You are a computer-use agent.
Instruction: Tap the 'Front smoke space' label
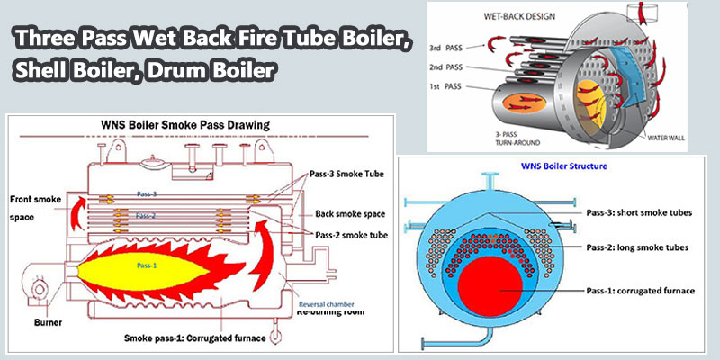click(x=33, y=204)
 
